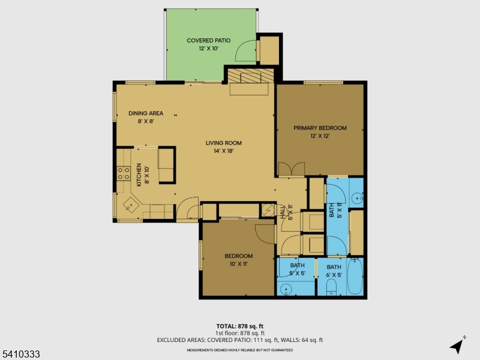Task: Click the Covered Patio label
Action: coord(208,44)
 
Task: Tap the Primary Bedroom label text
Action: coord(320,131)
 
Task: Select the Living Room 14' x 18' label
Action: coord(223,146)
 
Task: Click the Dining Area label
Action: coord(145,116)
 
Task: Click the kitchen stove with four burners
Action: coord(124,174)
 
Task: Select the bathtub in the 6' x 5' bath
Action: coord(355,276)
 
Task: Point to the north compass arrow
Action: coord(458,346)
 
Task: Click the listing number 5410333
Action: coord(20,355)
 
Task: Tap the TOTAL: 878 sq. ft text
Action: coord(239,326)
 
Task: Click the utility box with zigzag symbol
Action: coord(267,211)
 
